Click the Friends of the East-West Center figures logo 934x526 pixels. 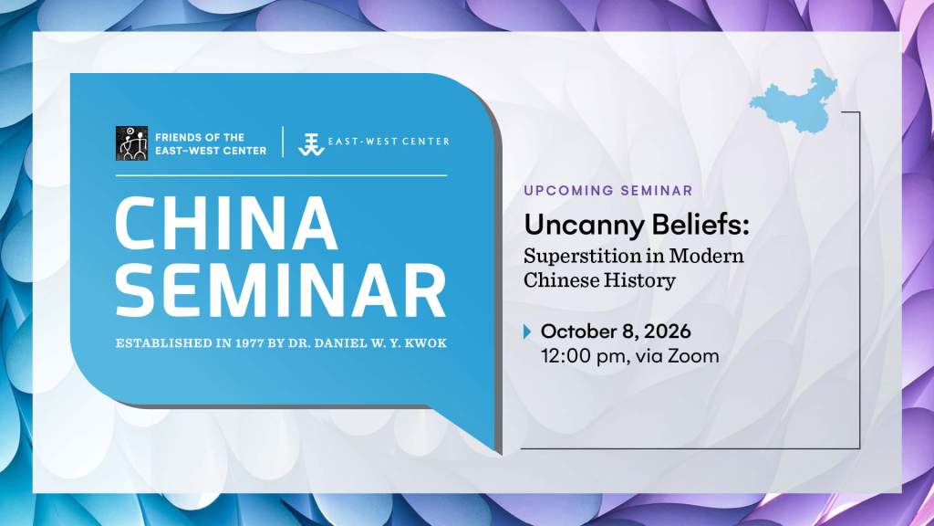pos(131,143)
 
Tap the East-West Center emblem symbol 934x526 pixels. pos(311,144)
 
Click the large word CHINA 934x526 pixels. pos(227,223)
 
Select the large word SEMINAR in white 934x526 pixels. pos(281,291)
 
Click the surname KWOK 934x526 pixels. pos(426,343)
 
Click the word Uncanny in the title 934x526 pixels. pos(584,226)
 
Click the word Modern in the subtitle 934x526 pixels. pos(707,256)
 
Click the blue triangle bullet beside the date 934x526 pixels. pos(526,331)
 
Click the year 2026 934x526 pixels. pos(667,331)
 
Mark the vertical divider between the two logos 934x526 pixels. pos(283,142)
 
